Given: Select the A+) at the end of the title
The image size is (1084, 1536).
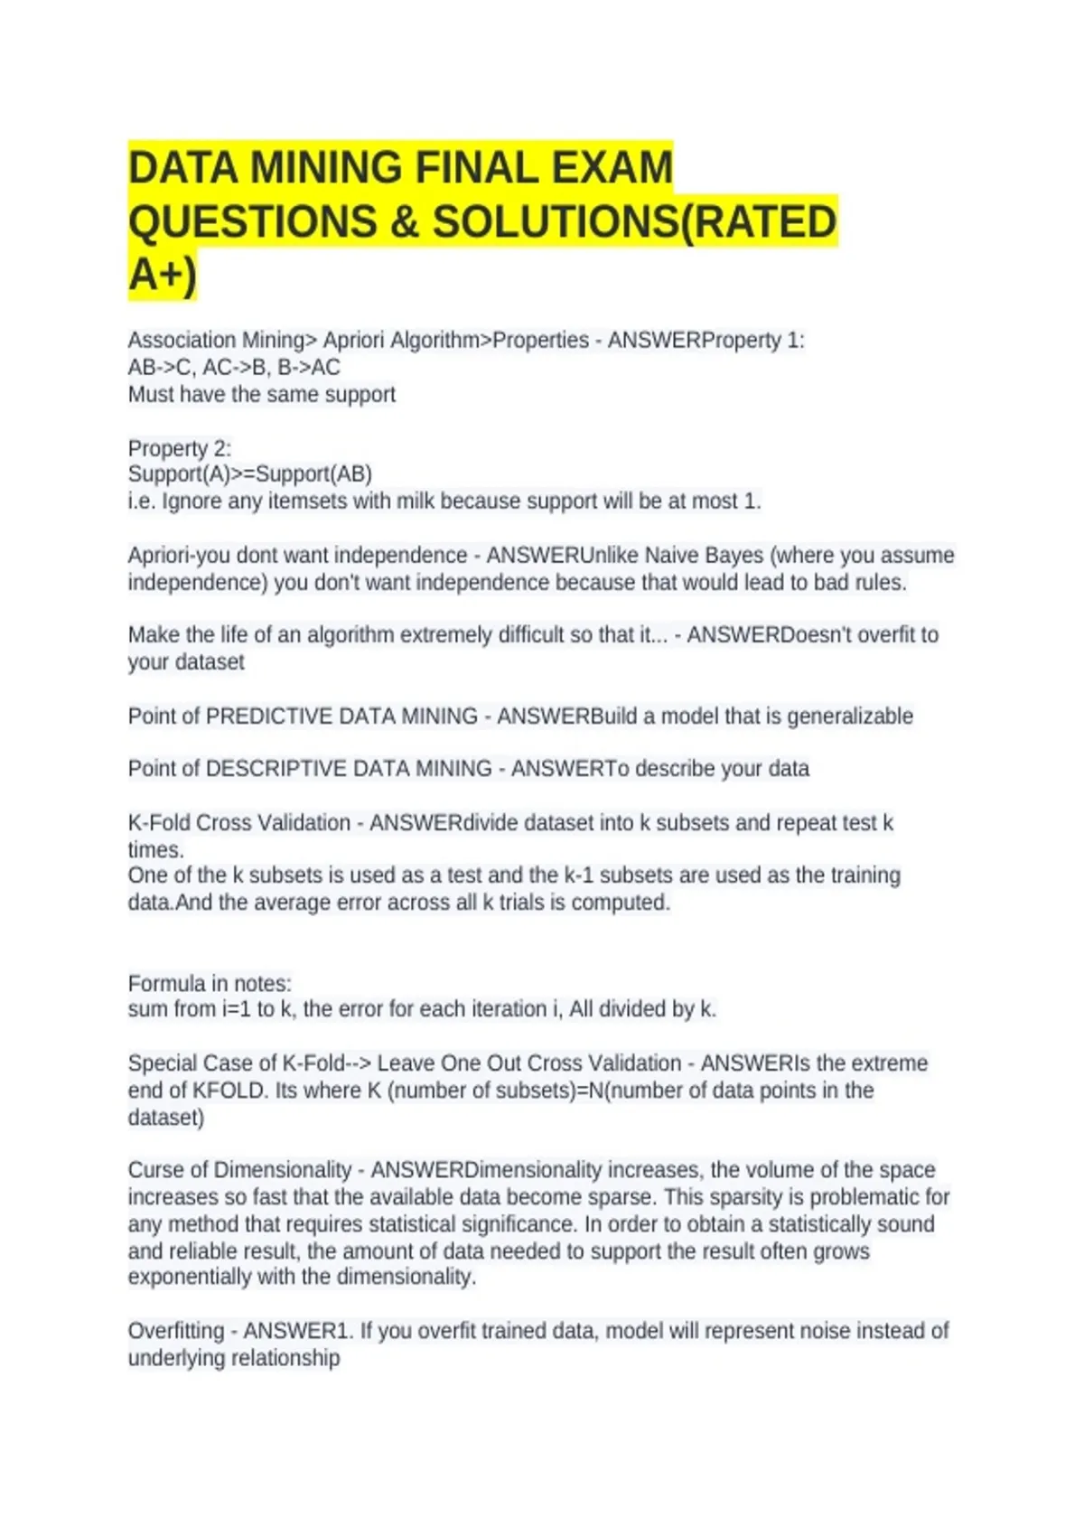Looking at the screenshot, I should pos(163,276).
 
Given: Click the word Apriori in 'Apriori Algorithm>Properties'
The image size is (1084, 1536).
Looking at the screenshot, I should pos(354,341).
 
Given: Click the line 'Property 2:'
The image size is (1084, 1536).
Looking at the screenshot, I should pos(179,448).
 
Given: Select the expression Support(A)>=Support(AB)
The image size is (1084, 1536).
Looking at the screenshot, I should pos(249,474).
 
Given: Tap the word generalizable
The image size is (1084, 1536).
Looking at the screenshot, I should pos(850,716).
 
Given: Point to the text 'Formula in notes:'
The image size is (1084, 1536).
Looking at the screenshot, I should pos(210,983).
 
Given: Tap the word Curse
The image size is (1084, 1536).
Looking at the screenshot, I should pos(156,1170).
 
